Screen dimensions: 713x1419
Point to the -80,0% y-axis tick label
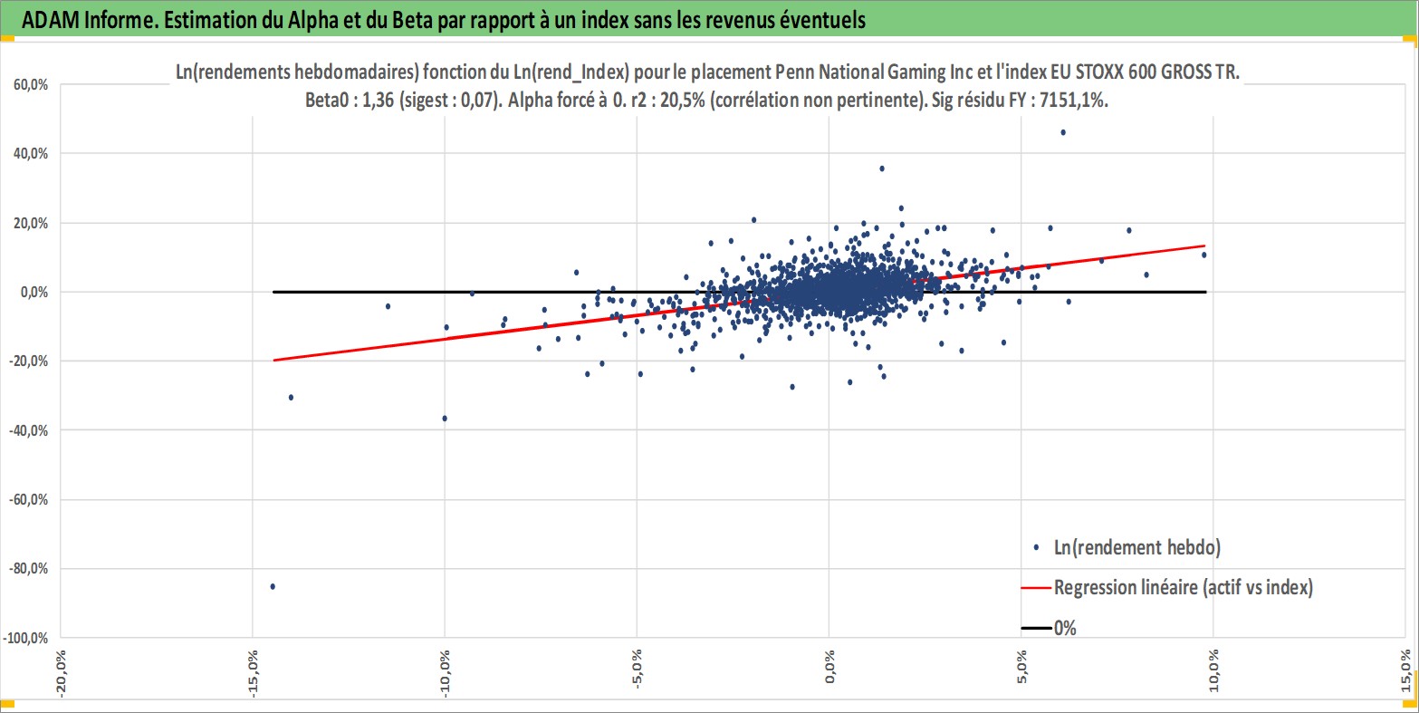coord(31,569)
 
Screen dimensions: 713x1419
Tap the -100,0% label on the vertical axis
coord(28,638)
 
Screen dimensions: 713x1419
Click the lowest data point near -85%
coord(273,586)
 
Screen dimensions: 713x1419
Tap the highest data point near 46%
coord(1063,132)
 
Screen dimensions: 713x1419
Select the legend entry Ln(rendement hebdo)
coord(1137,547)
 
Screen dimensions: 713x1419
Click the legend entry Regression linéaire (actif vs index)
coord(1183,587)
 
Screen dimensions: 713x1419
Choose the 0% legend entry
coord(1065,628)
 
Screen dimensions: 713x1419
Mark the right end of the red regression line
coord(1204,246)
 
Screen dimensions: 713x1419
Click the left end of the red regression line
coord(273,360)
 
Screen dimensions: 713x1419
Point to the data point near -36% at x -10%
coord(445,418)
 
